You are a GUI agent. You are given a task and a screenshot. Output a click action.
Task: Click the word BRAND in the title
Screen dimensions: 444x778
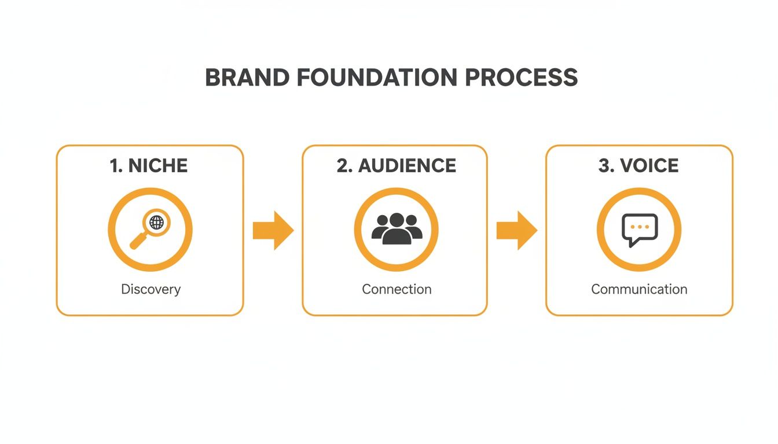(239, 78)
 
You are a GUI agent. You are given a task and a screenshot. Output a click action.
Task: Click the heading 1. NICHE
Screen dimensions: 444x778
(149, 166)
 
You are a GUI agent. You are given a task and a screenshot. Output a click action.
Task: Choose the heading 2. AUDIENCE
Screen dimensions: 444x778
(396, 166)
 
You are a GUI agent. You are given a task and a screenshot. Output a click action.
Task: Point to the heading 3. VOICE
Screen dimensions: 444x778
(638, 166)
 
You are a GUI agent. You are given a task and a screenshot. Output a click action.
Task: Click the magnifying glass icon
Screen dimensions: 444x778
(150, 230)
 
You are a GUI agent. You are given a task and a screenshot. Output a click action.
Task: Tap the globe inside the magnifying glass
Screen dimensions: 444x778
(157, 223)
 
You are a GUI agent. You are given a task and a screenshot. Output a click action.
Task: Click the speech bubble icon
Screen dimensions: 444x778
(639, 230)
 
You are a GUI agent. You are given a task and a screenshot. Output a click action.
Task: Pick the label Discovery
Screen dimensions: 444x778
(151, 289)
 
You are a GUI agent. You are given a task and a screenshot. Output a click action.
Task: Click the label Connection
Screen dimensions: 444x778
(397, 289)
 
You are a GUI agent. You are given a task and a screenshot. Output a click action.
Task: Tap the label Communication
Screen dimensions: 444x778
(639, 289)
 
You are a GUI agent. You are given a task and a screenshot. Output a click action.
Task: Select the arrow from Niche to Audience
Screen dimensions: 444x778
(273, 231)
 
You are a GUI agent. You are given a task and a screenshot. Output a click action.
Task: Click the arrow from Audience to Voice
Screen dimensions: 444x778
(517, 231)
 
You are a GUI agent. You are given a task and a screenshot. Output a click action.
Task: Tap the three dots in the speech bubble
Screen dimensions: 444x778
(639, 226)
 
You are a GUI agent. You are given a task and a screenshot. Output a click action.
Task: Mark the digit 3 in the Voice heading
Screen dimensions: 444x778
(605, 166)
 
